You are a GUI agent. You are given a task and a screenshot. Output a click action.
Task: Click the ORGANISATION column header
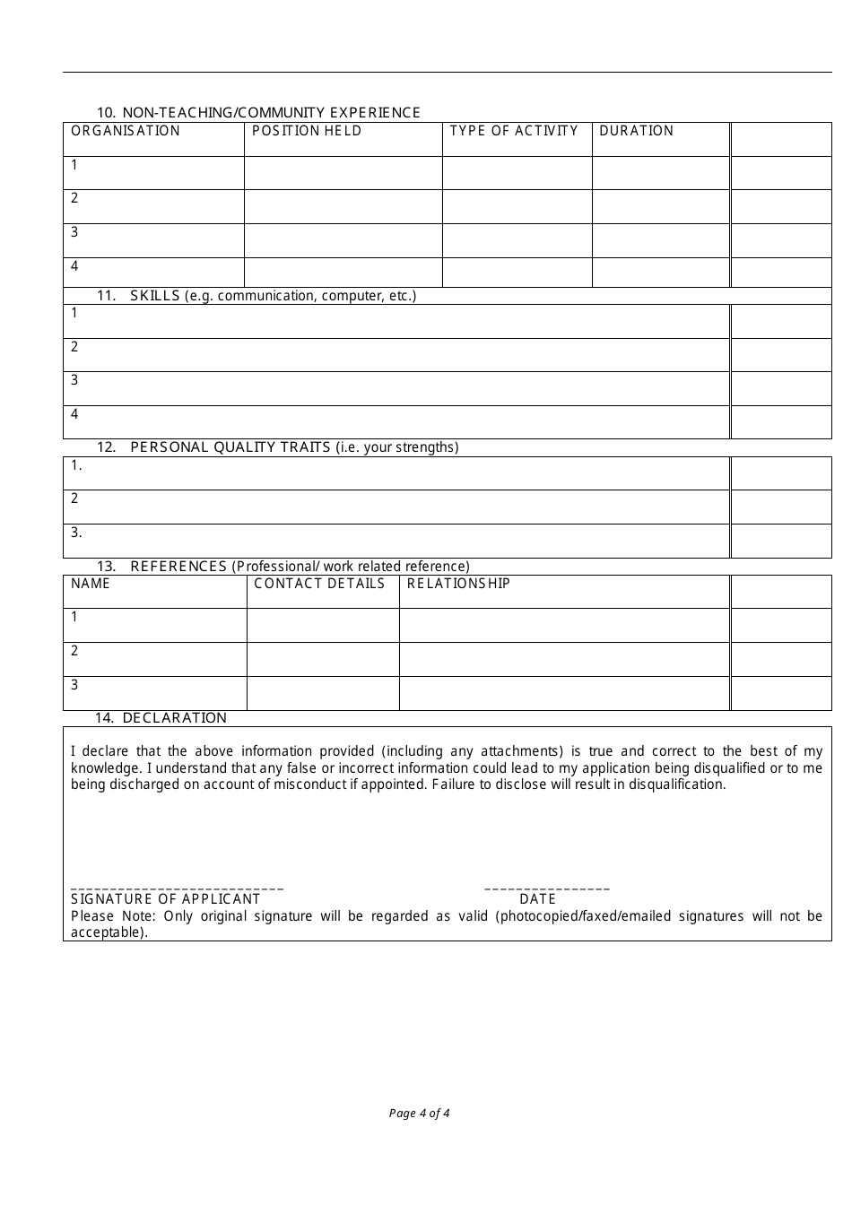[126, 131]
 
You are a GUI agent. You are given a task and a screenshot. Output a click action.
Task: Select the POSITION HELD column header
[307, 131]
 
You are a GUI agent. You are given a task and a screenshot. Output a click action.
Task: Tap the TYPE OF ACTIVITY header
[514, 131]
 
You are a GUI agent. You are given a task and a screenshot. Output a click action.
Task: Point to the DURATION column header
[636, 131]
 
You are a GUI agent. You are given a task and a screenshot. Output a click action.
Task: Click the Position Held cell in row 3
[343, 240]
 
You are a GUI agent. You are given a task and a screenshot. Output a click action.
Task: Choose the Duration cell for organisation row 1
[660, 172]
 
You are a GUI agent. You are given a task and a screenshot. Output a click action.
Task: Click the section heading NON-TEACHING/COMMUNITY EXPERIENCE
[271, 112]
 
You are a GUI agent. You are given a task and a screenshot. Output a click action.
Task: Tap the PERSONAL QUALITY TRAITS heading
[230, 446]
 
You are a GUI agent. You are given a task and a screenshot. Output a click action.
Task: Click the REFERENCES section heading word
[178, 566]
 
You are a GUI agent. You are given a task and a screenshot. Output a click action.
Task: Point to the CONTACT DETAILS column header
[319, 584]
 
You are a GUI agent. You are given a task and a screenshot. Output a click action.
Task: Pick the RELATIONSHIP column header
[458, 584]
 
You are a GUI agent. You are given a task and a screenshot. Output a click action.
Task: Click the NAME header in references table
[91, 584]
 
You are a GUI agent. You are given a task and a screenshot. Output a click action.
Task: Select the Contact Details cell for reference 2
[323, 659]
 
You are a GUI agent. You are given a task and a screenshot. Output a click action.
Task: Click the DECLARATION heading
[174, 717]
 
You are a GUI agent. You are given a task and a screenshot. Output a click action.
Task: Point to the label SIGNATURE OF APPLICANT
[165, 899]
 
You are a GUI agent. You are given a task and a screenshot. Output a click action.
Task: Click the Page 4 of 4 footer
[419, 1114]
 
